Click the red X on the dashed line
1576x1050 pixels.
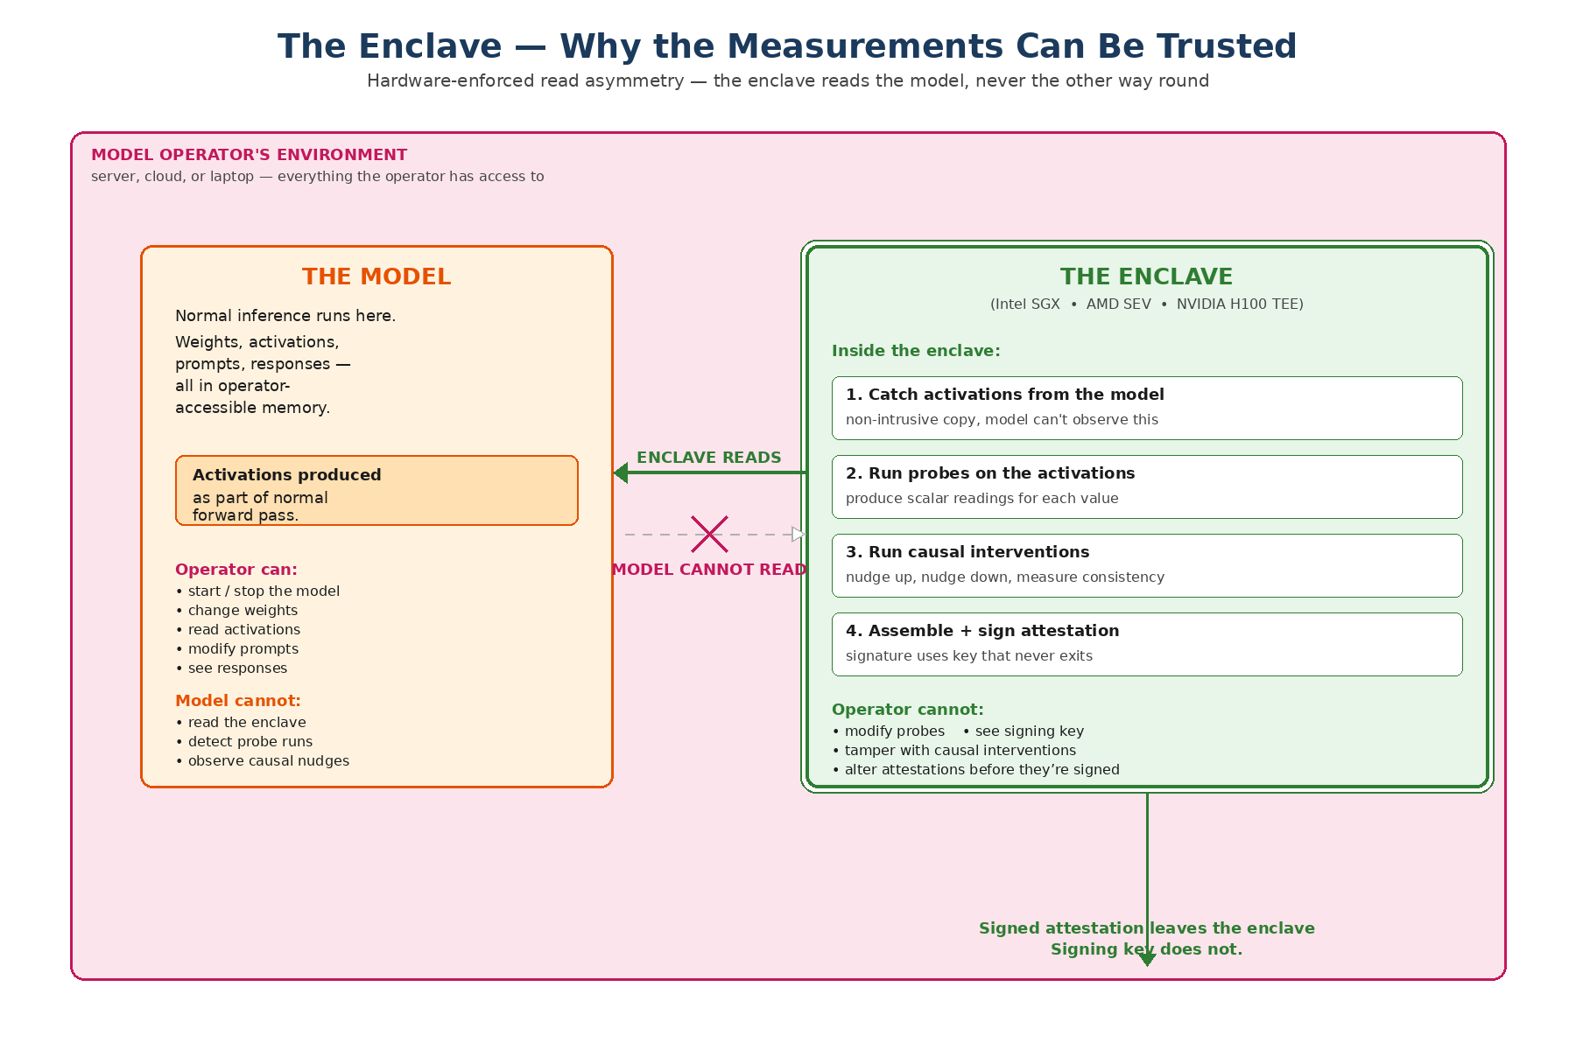tap(709, 534)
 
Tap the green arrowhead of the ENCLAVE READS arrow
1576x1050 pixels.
tap(621, 472)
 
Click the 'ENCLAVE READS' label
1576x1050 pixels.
tap(708, 457)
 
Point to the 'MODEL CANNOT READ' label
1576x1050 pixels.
tap(709, 570)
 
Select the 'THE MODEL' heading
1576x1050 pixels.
tap(376, 276)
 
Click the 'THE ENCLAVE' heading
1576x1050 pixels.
tap(1146, 276)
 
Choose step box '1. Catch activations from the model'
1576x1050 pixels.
tap(1147, 408)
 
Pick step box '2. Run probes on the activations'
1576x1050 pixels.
tap(1147, 486)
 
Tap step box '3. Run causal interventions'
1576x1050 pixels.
tap(1147, 565)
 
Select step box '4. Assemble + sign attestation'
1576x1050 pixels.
tap(1147, 644)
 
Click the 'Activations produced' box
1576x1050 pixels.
tap(376, 490)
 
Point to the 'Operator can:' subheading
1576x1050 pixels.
tap(236, 570)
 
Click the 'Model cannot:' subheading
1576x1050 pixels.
tap(238, 701)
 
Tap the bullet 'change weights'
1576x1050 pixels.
tap(243, 611)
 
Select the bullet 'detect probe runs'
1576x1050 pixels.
tap(250, 742)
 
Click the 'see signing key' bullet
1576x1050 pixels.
tap(1029, 731)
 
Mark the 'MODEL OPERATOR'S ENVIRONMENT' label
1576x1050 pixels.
tap(250, 155)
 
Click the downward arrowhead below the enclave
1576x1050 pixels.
tap(1147, 960)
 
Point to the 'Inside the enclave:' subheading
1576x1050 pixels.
tap(916, 351)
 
